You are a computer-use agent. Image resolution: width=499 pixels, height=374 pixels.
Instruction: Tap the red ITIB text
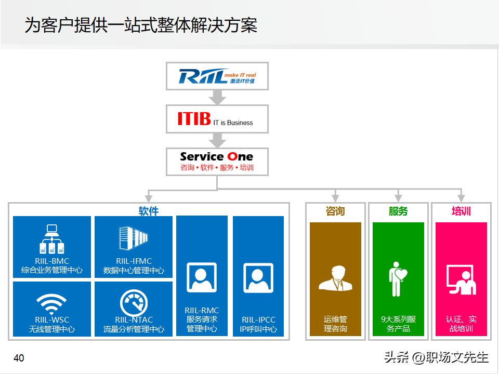pyautogui.click(x=194, y=119)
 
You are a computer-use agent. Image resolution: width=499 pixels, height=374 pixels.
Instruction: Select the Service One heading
pyautogui.click(x=216, y=156)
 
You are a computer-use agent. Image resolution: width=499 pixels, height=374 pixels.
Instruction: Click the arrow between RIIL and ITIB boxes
pyautogui.click(x=217, y=97)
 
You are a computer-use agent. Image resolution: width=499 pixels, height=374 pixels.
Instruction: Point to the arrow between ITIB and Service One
pyautogui.click(x=217, y=140)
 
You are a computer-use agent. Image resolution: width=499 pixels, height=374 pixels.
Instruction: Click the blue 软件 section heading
pyautogui.click(x=148, y=211)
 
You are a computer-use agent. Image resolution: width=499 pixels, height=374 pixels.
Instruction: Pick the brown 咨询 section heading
pyautogui.click(x=335, y=211)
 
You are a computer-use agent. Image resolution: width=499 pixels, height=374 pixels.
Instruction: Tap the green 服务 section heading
pyautogui.click(x=398, y=211)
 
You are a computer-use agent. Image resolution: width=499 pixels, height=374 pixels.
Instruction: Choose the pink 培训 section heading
pyautogui.click(x=461, y=211)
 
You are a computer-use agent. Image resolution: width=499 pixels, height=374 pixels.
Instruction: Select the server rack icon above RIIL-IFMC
pyautogui.click(x=134, y=238)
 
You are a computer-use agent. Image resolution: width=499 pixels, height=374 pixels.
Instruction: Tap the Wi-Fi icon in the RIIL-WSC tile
pyautogui.click(x=51, y=303)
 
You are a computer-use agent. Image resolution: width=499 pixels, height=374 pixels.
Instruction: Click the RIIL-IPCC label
pyautogui.click(x=258, y=320)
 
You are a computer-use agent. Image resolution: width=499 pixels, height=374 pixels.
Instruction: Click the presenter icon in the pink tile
pyautogui.click(x=461, y=279)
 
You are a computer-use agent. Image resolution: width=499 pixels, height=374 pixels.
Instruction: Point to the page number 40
pyautogui.click(x=19, y=358)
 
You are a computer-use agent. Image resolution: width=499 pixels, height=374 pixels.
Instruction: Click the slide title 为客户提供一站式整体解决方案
pyautogui.click(x=141, y=25)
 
